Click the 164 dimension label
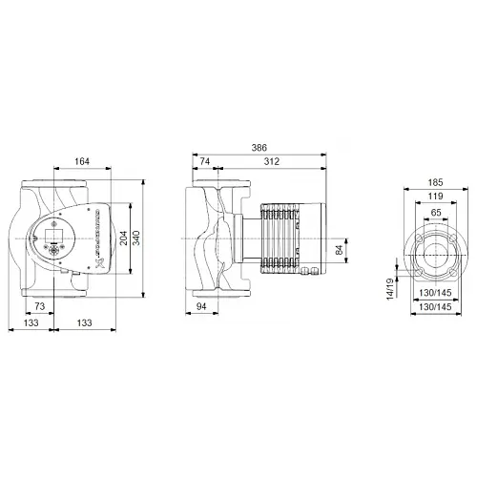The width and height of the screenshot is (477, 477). pyautogui.click(x=83, y=161)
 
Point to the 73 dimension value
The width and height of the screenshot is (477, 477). pyautogui.click(x=40, y=304)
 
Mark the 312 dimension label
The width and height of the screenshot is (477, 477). pyautogui.click(x=271, y=162)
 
